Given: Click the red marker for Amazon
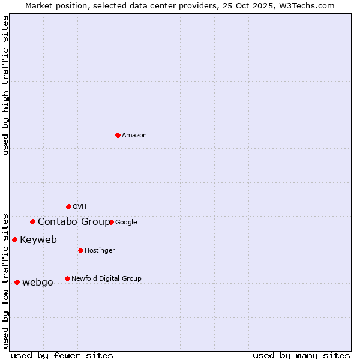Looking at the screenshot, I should pyautogui.click(x=118, y=135).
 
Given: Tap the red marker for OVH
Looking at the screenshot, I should pyautogui.click(x=68, y=206).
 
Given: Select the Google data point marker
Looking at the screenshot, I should pyautogui.click(x=111, y=222).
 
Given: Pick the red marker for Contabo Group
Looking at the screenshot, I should pyautogui.click(x=32, y=221).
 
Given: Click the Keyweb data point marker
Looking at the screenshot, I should pyautogui.click(x=14, y=239).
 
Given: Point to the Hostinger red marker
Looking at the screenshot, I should pyautogui.click(x=80, y=250).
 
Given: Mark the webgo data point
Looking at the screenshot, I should pyautogui.click(x=17, y=282).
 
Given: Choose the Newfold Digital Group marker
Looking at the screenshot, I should pyautogui.click(x=67, y=278).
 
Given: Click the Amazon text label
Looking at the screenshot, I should pyautogui.click(x=134, y=136).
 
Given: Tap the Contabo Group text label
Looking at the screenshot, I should pyautogui.click(x=73, y=222).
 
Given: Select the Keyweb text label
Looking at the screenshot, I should pyautogui.click(x=38, y=240).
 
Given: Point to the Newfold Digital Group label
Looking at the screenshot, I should pyautogui.click(x=106, y=278).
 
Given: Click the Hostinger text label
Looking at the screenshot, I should pyautogui.click(x=100, y=250).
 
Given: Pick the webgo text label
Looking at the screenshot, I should pyautogui.click(x=38, y=283).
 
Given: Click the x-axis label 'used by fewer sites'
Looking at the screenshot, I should pyautogui.click(x=62, y=355).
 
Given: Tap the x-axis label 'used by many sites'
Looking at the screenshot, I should pyautogui.click(x=301, y=355).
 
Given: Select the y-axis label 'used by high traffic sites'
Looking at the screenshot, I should pyautogui.click(x=5, y=85).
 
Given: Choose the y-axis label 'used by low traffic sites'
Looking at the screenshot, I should pyautogui.click(x=5, y=280).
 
